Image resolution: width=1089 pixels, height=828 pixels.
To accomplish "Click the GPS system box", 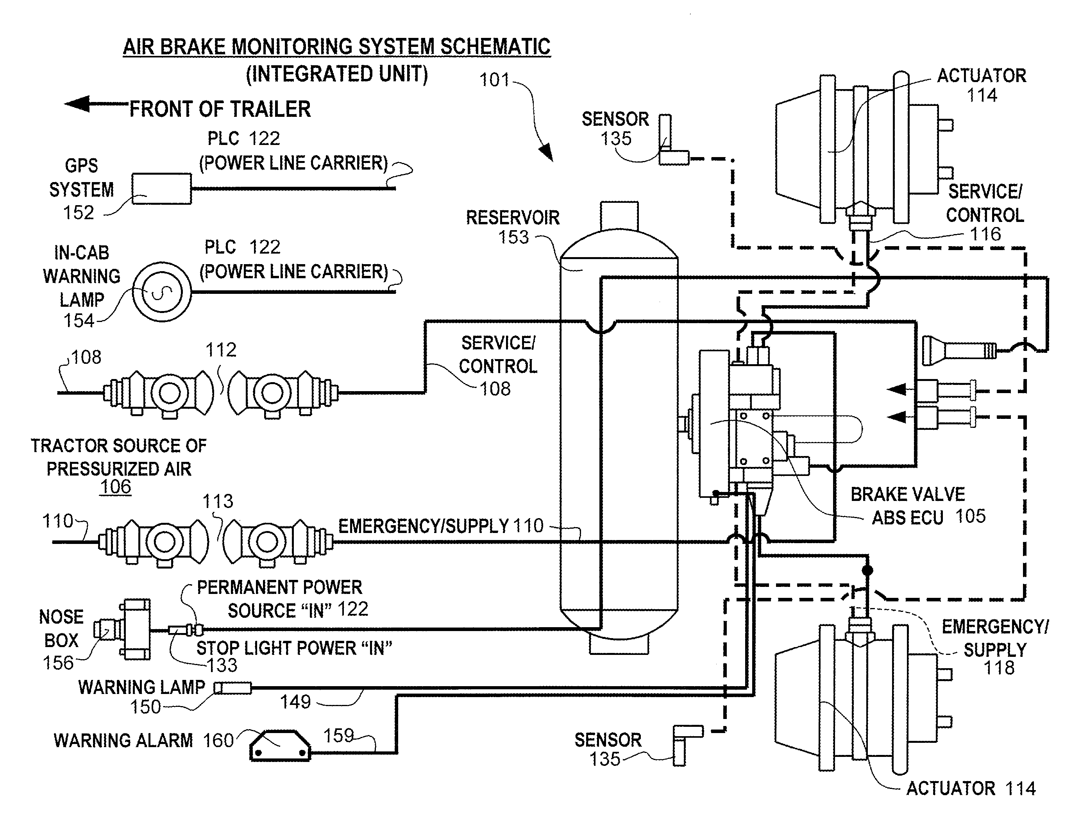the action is tap(162, 189).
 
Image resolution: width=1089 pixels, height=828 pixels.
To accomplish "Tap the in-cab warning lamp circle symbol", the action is tap(162, 292).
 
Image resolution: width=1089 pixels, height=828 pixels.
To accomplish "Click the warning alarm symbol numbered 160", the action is tap(280, 746).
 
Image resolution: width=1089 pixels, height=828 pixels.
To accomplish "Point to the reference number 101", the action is tap(494, 80).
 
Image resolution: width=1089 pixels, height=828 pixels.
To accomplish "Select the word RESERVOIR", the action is tap(513, 218).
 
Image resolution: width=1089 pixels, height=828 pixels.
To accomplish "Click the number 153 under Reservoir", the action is tap(513, 238).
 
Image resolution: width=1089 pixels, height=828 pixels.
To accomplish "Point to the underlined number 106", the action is tap(115, 487).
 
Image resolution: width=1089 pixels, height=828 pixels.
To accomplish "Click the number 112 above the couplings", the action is tap(221, 350).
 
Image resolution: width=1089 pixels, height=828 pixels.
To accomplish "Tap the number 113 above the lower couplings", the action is tap(218, 501).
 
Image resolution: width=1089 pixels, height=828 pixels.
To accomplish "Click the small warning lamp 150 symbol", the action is tap(232, 688).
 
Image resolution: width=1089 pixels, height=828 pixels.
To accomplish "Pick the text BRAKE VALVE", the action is tap(908, 494).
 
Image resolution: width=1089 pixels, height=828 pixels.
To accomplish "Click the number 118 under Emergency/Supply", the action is tap(999, 668).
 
